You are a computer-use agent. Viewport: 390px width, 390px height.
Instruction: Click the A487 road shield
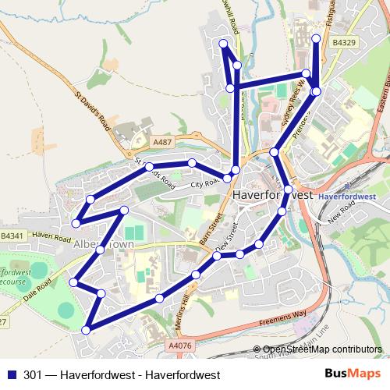(x=161, y=142)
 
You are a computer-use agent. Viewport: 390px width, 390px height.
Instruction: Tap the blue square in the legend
(x=11, y=374)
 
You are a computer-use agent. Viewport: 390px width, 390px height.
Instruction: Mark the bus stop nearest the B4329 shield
(x=316, y=38)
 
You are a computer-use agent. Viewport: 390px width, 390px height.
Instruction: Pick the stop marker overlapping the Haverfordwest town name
(x=289, y=189)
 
